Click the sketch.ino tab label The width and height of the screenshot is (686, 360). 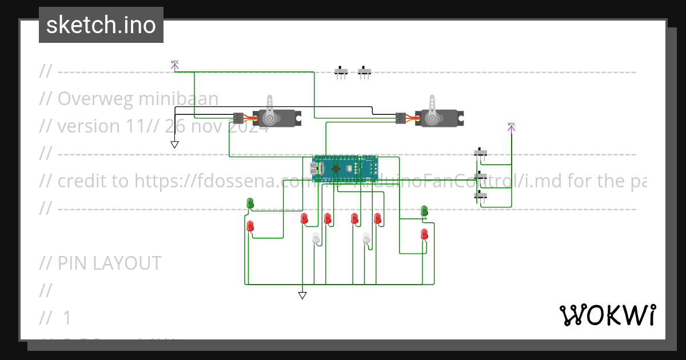click(x=101, y=25)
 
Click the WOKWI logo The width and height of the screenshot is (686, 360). click(x=607, y=315)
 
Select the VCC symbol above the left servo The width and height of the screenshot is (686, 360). click(x=174, y=65)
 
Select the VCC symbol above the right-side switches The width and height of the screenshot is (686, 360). click(x=511, y=127)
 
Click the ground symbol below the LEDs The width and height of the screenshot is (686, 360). click(x=302, y=295)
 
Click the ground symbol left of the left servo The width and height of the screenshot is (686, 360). click(x=174, y=144)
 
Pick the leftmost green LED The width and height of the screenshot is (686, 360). click(x=250, y=203)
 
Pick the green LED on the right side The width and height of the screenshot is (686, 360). click(x=424, y=211)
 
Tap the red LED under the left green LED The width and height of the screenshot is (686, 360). click(x=250, y=226)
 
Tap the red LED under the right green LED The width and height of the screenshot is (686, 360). click(x=424, y=234)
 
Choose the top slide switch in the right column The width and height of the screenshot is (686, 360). click(x=481, y=153)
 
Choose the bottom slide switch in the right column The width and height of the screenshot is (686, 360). click(x=481, y=197)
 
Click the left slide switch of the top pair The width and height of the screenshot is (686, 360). click(x=341, y=72)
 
